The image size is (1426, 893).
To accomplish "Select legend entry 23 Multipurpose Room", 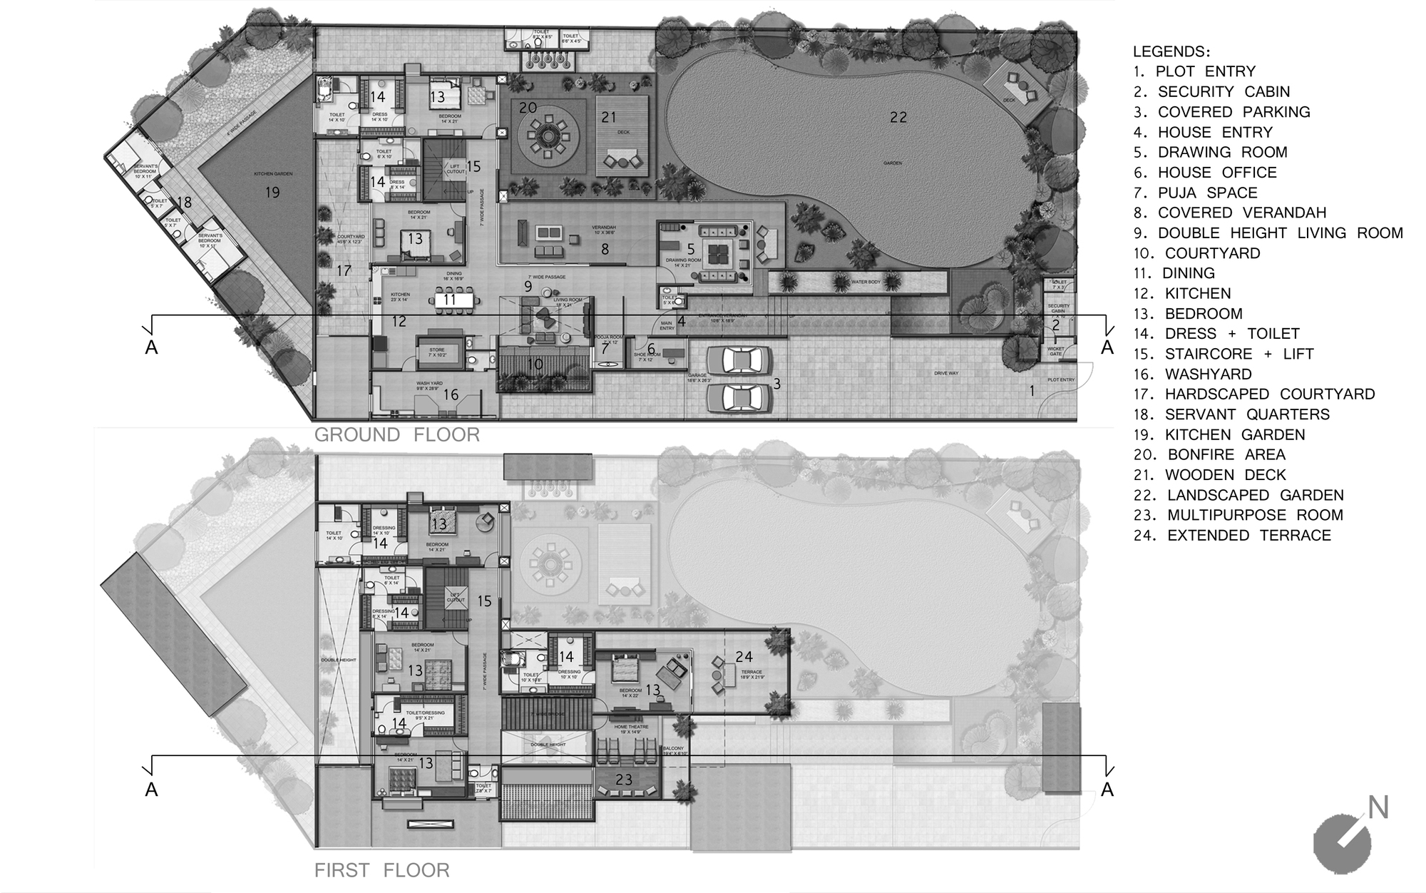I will (x=1238, y=515).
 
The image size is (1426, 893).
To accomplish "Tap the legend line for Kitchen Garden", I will (x=1219, y=434).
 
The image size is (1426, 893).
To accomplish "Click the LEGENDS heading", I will (x=1171, y=51).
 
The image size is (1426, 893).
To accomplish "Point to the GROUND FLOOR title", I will (x=397, y=434).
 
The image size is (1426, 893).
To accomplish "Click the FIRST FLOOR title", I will (x=381, y=870).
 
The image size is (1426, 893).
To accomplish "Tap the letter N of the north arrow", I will (x=1378, y=808).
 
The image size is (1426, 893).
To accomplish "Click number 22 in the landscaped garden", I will (x=898, y=117).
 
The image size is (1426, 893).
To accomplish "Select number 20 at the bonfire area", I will (x=528, y=108).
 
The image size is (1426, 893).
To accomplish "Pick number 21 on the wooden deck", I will (x=608, y=117).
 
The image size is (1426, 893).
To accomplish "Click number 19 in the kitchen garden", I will (x=272, y=192).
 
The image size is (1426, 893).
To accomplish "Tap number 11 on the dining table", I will (x=449, y=300).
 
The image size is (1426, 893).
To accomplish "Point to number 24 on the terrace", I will (x=744, y=656).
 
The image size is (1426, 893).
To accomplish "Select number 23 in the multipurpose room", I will (x=624, y=780).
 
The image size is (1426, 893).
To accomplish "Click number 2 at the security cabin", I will (x=1056, y=325).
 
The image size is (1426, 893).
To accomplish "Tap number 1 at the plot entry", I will (x=1031, y=390).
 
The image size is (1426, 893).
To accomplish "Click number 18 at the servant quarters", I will (x=184, y=203).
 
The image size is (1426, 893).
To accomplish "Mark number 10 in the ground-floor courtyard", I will (x=535, y=364).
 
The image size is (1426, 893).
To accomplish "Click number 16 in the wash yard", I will (x=451, y=394).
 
